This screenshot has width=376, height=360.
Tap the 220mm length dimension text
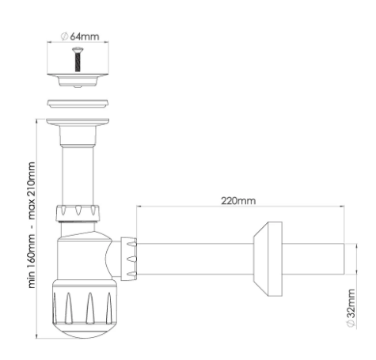(238, 201)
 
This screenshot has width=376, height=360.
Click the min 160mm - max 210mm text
(32, 225)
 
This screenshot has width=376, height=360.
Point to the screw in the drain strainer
(78, 59)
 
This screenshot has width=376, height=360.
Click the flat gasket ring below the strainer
(78, 103)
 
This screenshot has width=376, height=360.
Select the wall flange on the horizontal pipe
(268, 259)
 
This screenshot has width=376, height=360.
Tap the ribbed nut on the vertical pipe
(78, 213)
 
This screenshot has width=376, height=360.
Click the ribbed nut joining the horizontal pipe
(129, 259)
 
